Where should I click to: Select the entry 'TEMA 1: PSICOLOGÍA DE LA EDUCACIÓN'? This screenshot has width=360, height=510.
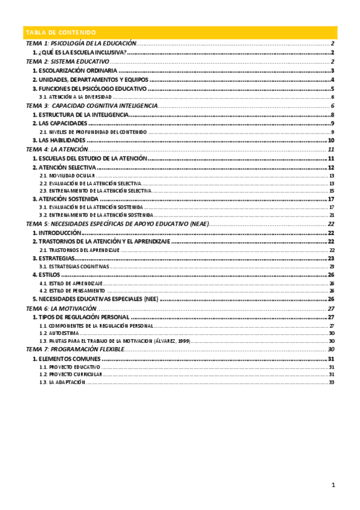(81, 44)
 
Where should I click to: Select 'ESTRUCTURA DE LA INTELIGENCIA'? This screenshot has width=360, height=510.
(79, 115)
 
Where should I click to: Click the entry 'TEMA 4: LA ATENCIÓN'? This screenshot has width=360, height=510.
(57, 149)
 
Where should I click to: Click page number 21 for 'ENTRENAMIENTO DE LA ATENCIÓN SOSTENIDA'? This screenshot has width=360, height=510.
(331, 215)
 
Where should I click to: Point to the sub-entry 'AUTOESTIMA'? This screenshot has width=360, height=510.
(63, 333)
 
